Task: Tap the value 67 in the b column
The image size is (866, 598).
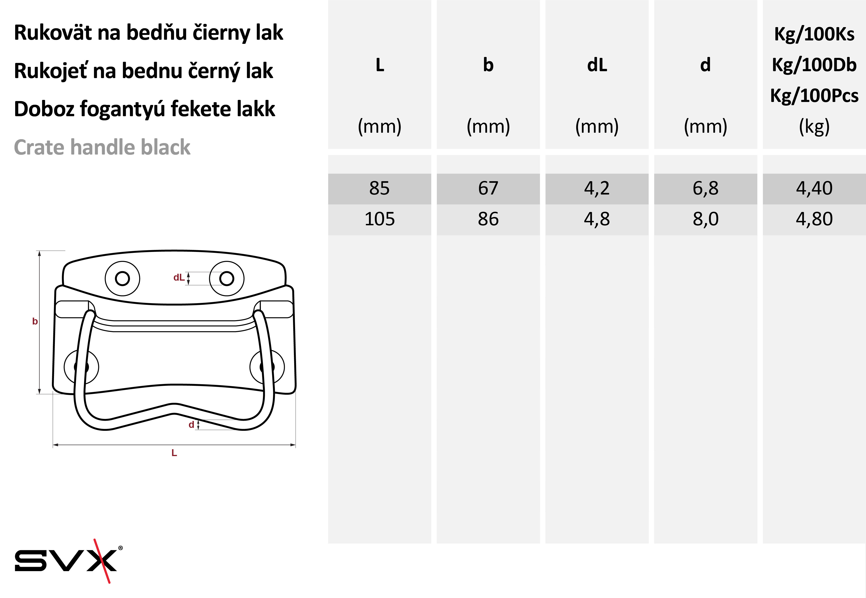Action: (x=488, y=188)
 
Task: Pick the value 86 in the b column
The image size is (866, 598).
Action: (x=488, y=219)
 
